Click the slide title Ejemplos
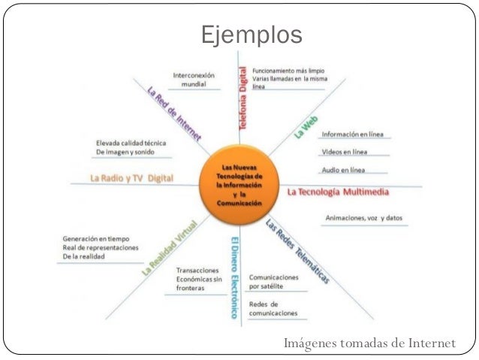tap(251, 34)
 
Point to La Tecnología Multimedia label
tap(338, 192)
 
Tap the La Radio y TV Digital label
tap(131, 179)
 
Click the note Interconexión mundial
tap(194, 80)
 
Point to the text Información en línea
tap(352, 135)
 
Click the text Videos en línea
tap(344, 153)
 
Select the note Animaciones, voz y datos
tap(363, 218)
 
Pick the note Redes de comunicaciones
tap(273, 308)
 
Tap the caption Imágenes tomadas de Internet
tap(369, 344)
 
